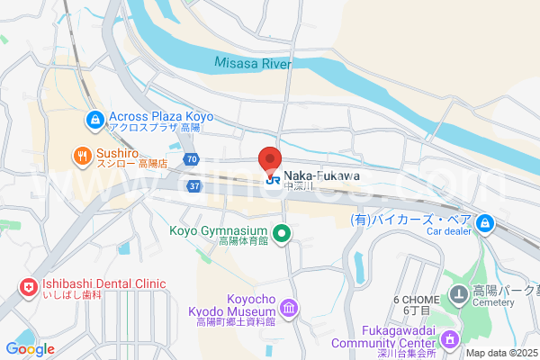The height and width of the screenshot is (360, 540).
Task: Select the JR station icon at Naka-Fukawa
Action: pos(271,177)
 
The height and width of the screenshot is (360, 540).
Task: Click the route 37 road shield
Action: pos(194,184)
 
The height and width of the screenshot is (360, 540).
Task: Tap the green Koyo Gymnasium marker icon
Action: pos(282,234)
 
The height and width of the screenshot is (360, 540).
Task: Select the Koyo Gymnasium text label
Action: pos(220,230)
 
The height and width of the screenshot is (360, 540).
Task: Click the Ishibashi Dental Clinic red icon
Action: pos(27,289)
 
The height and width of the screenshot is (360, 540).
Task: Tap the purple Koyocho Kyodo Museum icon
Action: pos(289,310)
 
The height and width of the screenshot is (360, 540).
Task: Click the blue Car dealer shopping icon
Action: pos(485,222)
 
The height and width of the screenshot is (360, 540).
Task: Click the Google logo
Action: pos(30,349)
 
